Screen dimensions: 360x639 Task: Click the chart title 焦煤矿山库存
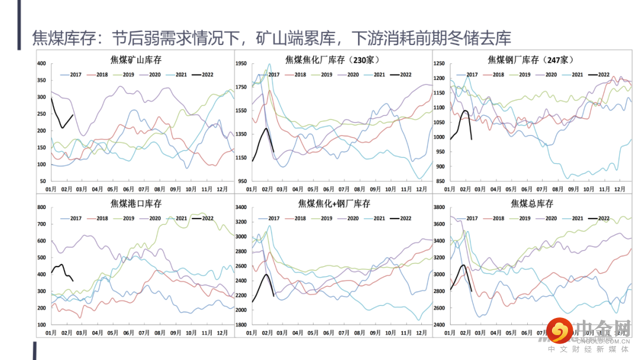tap(135, 59)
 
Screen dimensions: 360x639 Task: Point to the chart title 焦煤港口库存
tap(135, 204)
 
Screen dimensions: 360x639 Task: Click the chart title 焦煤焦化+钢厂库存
tap(334, 204)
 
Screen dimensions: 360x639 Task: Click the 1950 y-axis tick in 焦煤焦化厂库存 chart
tap(240, 63)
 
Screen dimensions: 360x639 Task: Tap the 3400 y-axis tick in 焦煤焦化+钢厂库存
tap(240, 207)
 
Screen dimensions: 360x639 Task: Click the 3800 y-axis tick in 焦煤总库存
tap(438, 207)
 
